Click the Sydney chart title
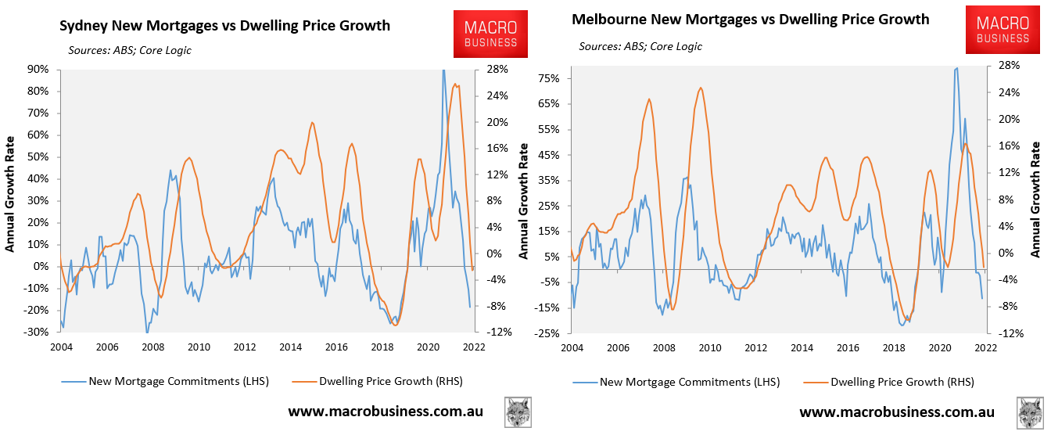224,26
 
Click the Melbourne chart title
751,19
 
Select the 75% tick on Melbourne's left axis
548,78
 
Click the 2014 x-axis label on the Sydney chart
290,347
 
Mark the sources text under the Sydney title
130,50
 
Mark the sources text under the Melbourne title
640,46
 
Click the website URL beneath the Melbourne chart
896,412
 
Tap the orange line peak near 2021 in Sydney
456,84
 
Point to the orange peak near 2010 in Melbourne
701,88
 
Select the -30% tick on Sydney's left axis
37,333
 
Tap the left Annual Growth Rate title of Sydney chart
11,200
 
